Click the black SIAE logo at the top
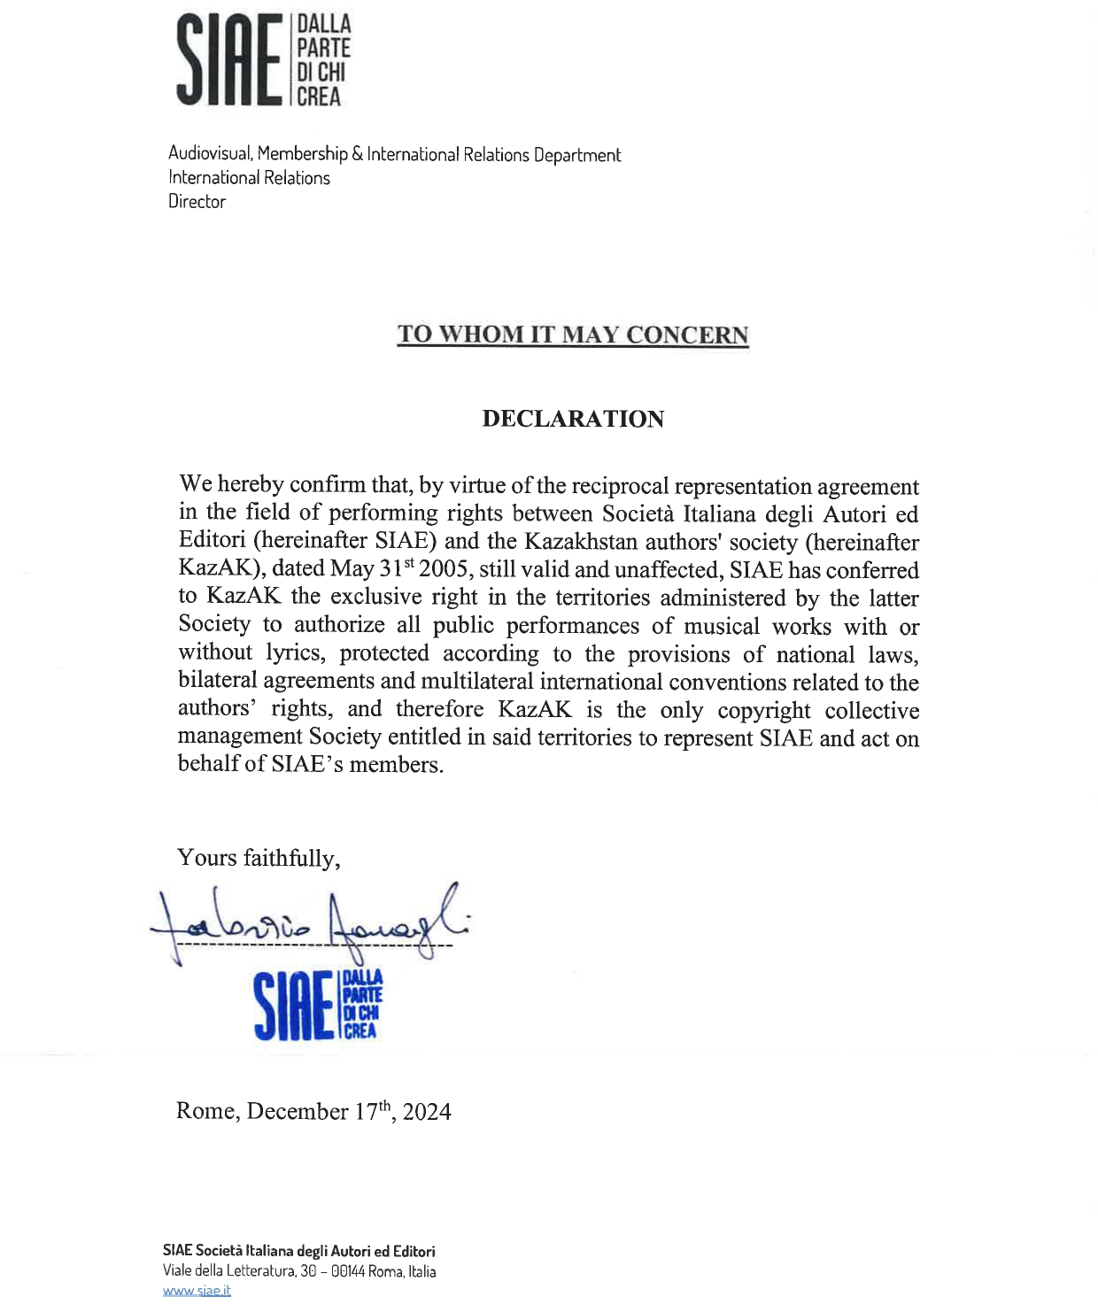coord(263,60)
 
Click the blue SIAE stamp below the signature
coord(318,1005)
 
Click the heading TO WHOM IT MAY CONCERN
coord(573,335)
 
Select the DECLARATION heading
coord(573,419)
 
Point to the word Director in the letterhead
coord(197,202)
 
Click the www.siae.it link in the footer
coord(197,1291)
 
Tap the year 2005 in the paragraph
coord(444,569)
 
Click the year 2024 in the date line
coord(427,1112)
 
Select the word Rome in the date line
coord(206,1112)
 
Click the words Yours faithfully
coord(258,858)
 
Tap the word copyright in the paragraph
coord(764,711)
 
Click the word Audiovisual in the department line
coord(210,154)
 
